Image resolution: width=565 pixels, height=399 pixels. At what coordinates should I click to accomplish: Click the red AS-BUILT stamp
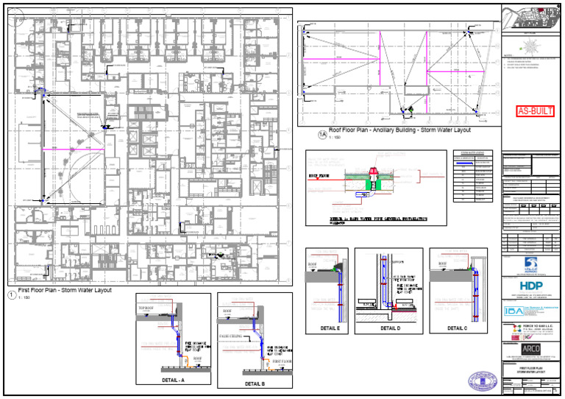[533, 112]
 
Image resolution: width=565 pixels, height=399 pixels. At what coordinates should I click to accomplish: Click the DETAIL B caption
[255, 384]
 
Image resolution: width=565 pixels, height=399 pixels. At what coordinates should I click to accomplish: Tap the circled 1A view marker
[321, 134]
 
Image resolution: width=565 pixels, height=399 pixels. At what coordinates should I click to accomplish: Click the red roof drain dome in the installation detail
[373, 173]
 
